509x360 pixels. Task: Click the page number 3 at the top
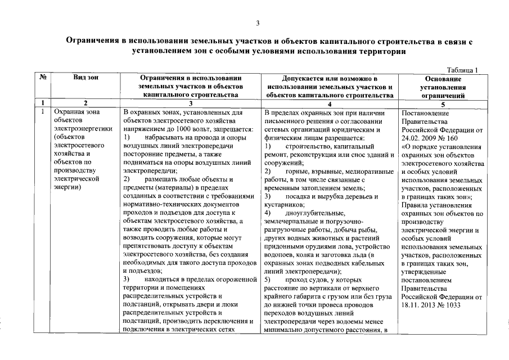(x=258, y=23)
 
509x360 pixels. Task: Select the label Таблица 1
(x=462, y=70)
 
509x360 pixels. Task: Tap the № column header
(x=42, y=78)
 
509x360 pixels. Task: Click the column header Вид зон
(x=85, y=78)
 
